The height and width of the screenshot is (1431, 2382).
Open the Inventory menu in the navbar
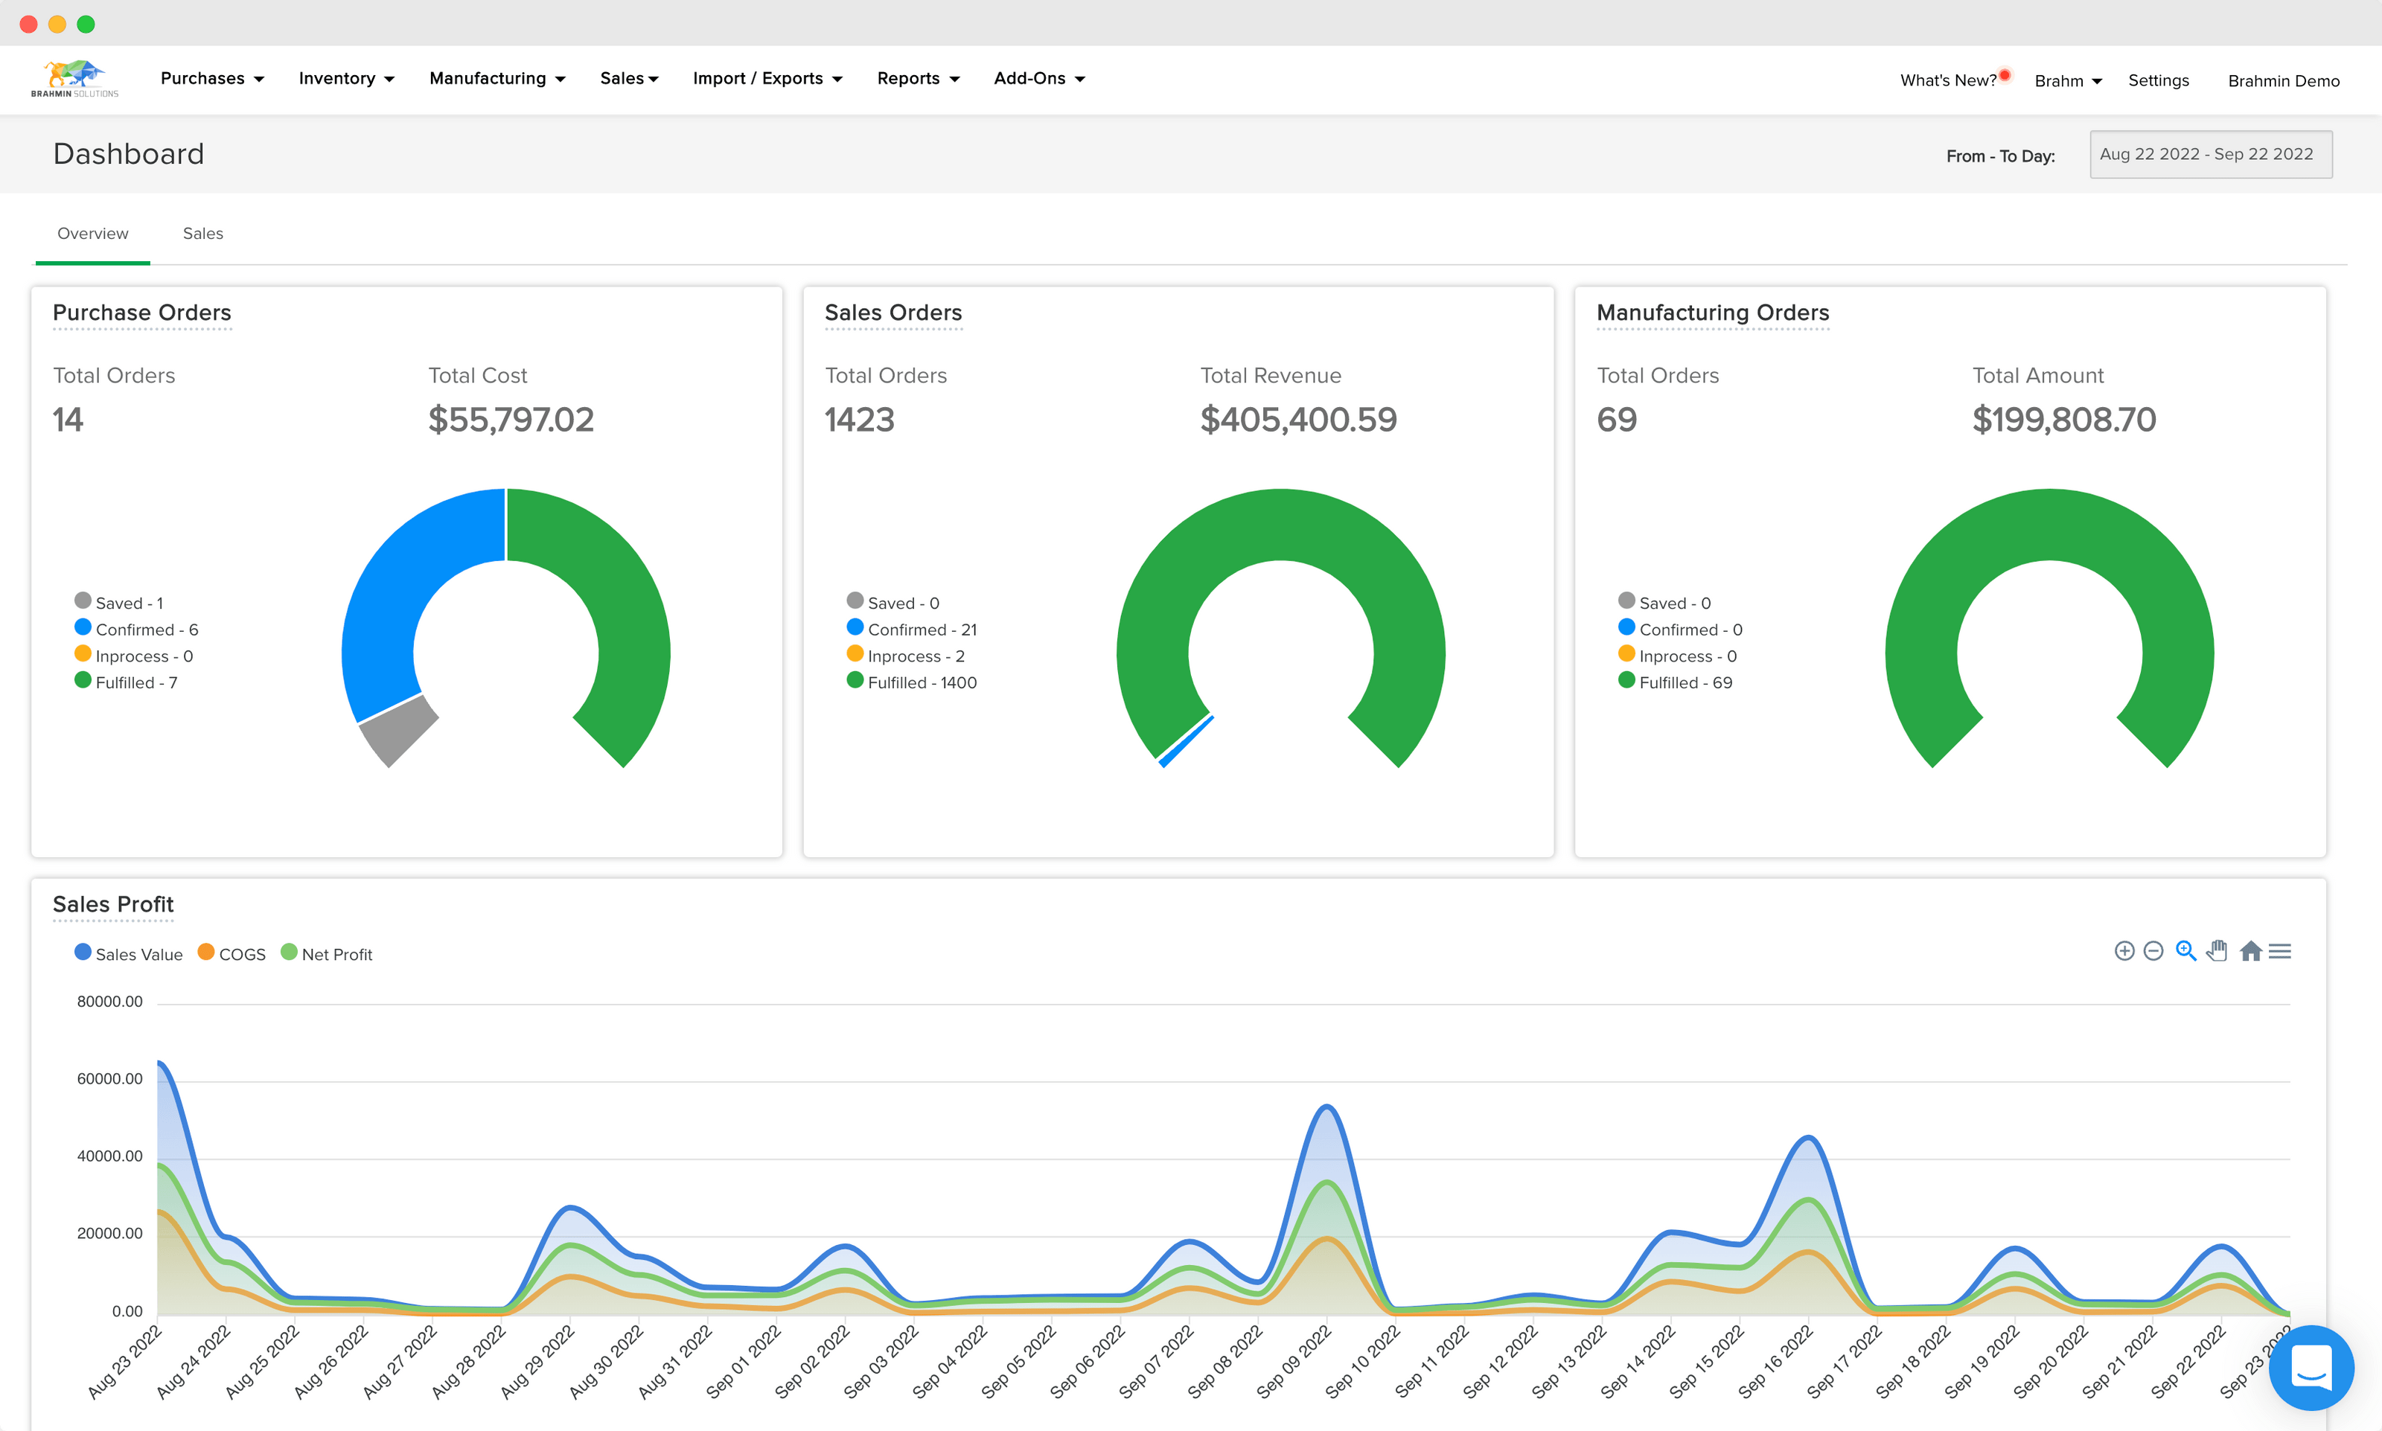coord(345,78)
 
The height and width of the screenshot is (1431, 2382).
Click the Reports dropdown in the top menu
coord(917,78)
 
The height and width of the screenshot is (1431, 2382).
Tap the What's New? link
coord(1947,80)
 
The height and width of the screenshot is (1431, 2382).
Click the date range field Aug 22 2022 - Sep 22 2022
coord(2209,154)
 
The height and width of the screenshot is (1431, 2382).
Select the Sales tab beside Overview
coord(202,234)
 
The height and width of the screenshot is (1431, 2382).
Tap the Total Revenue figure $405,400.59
coord(1297,420)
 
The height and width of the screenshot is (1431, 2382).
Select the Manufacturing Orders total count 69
coord(1616,420)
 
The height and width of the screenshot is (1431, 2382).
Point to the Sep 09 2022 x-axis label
coord(1296,1362)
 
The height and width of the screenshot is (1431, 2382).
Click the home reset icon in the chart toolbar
coord(2250,952)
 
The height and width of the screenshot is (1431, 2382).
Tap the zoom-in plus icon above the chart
coord(2124,952)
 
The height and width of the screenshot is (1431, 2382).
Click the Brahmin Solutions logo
coord(74,78)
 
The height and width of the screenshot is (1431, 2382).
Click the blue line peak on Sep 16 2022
coord(1808,1138)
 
